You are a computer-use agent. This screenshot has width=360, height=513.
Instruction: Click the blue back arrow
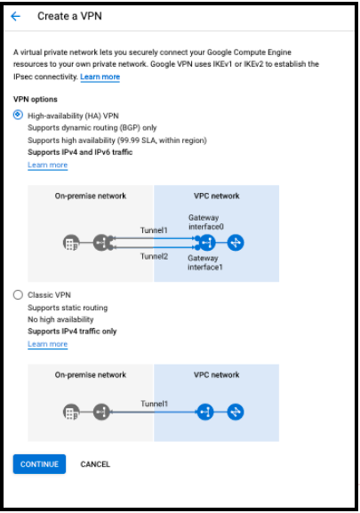tap(15, 16)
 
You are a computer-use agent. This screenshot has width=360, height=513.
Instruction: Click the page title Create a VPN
tap(69, 16)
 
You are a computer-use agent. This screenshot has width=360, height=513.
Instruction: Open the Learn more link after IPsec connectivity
tap(100, 76)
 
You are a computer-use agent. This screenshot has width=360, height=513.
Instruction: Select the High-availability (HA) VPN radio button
tap(18, 115)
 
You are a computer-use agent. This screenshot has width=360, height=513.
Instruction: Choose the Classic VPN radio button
tap(18, 295)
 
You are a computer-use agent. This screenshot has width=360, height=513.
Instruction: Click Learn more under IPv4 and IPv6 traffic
tap(47, 164)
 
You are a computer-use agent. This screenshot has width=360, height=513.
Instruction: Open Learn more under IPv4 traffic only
tap(47, 344)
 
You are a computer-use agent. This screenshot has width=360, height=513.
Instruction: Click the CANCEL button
tap(95, 464)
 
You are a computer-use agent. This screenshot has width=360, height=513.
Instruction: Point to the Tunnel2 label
tap(154, 256)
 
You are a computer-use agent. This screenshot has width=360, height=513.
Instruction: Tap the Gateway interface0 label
tap(205, 222)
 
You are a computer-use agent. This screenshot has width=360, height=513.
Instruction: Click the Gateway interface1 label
tap(205, 262)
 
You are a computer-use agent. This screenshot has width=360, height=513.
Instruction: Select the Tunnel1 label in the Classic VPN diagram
tap(154, 404)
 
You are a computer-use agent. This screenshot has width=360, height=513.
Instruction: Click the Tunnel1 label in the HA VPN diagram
tap(154, 230)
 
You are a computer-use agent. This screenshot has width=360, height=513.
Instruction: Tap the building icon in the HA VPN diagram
tap(71, 243)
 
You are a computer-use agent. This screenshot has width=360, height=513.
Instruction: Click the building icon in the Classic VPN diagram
tap(71, 413)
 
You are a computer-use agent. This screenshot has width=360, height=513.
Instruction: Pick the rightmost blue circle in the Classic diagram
tap(236, 412)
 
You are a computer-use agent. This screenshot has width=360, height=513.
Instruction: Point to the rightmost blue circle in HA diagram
tap(236, 243)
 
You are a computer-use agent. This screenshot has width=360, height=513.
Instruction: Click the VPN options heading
tap(36, 99)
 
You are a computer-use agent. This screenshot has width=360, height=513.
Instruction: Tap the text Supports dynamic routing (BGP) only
tap(92, 128)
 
